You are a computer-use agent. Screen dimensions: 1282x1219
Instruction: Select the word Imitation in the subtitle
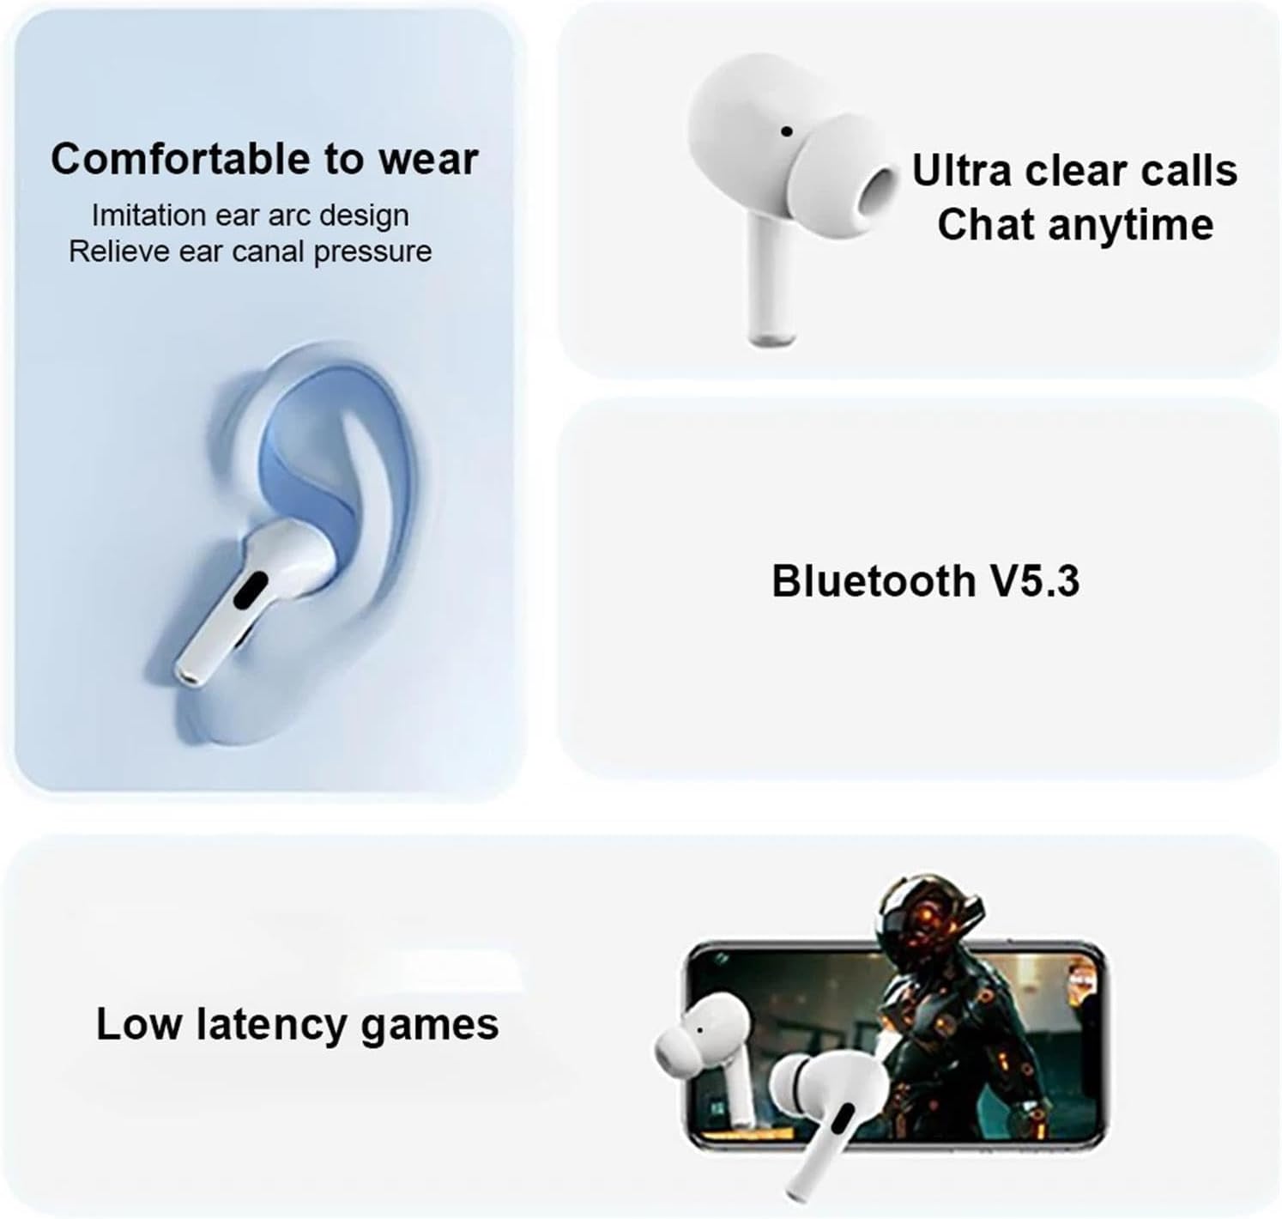pos(148,215)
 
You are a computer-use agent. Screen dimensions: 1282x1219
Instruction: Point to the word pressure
pos(372,252)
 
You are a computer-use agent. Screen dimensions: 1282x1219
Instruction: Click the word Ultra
pos(963,170)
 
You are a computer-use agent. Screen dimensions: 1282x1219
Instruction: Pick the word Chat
pos(988,224)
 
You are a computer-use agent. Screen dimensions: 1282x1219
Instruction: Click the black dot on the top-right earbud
pos(786,132)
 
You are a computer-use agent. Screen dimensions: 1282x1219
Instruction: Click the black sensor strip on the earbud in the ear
pos(252,591)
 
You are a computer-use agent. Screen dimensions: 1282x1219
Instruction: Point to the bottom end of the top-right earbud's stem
pos(773,339)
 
